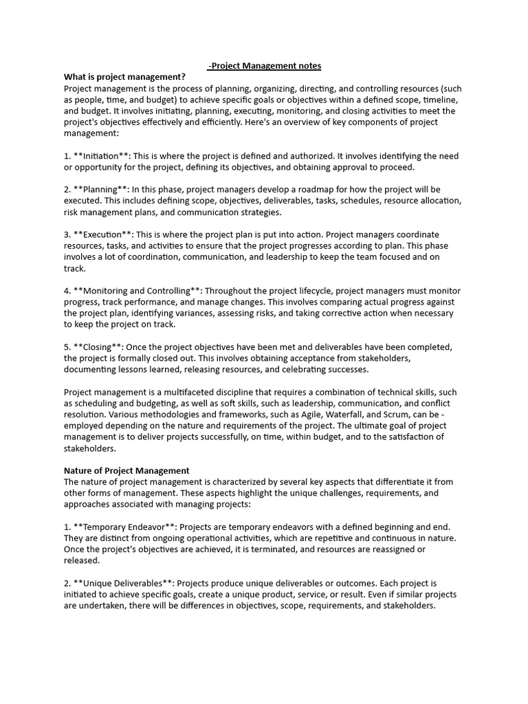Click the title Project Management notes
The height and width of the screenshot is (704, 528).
tap(264, 66)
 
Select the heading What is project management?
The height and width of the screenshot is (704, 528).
tap(125, 77)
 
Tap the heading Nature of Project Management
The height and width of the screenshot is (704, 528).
tap(126, 470)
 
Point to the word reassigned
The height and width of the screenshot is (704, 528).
tap(382, 549)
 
